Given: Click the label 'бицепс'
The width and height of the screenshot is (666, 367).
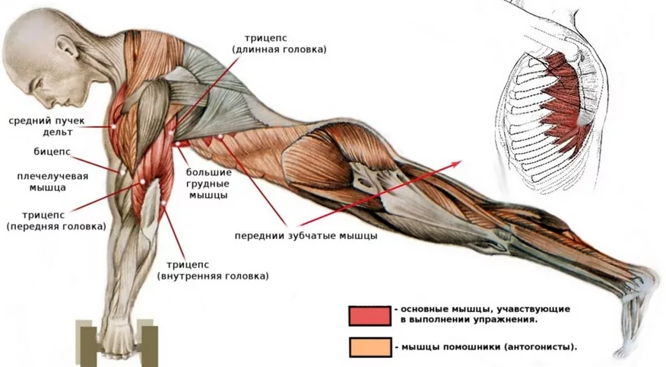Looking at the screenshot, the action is (x=52, y=152).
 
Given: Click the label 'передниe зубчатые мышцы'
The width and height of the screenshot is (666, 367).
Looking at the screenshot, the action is (x=306, y=236).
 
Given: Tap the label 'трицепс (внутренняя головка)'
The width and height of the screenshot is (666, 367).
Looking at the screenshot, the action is (x=213, y=270).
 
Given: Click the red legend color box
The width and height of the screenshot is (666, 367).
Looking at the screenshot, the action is (x=369, y=315).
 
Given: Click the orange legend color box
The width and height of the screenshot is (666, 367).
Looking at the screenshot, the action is (x=369, y=346).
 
